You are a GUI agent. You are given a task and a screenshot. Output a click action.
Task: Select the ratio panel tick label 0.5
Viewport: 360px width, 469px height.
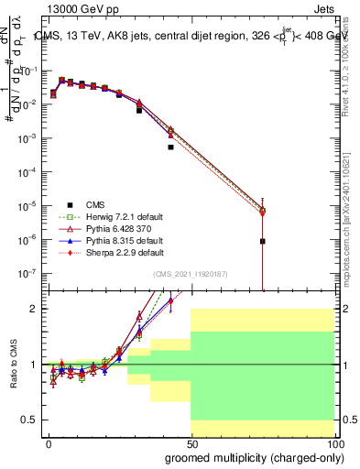(29, 420)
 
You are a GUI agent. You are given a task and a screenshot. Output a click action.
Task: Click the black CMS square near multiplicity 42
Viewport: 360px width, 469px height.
(170, 147)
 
